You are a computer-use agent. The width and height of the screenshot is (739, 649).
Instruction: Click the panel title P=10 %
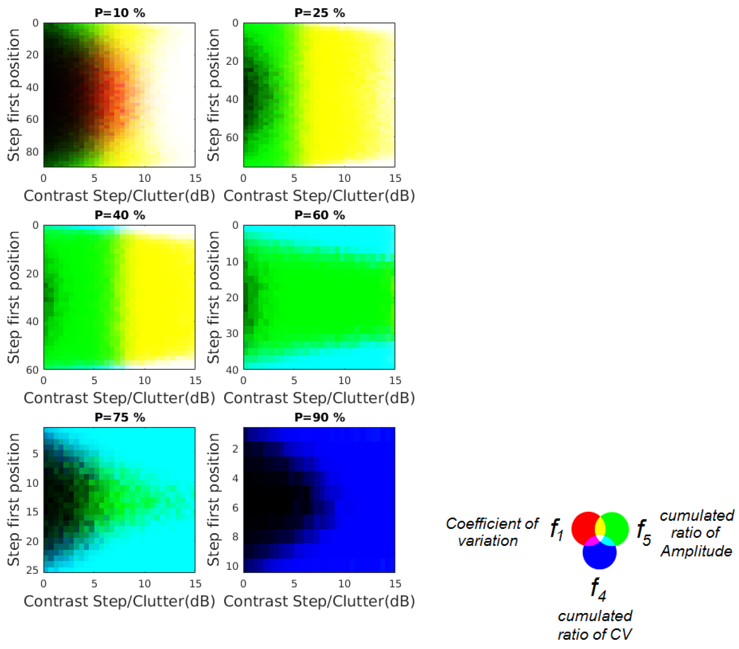click(120, 13)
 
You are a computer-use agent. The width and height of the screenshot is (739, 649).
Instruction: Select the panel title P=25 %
click(320, 13)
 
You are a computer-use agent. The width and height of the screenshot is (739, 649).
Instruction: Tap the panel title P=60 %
click(320, 215)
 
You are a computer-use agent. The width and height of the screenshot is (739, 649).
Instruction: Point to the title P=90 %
click(320, 418)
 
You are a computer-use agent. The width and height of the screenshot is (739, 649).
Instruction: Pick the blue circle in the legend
click(599, 557)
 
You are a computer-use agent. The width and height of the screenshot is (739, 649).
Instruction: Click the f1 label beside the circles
click(557, 530)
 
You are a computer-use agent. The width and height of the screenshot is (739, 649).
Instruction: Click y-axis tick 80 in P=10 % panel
click(32, 152)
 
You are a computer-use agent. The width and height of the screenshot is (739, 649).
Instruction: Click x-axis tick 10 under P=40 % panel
click(145, 380)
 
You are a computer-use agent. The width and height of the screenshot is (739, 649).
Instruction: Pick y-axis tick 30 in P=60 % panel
click(232, 333)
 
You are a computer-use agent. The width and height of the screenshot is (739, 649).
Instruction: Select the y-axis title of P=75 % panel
click(13, 499)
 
